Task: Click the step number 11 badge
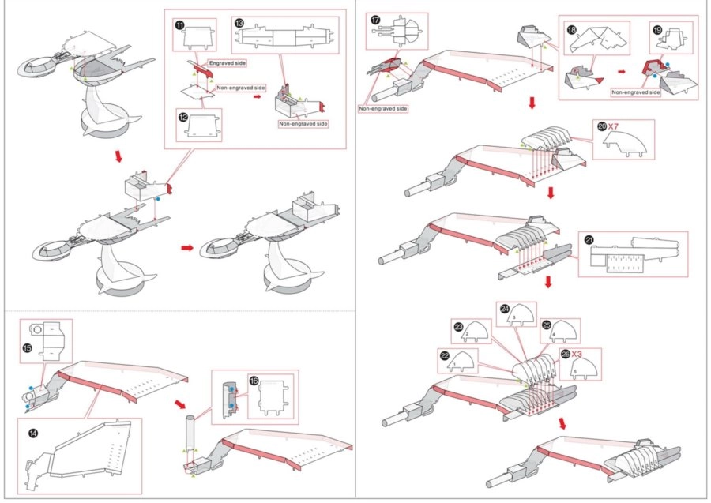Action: click(180, 26)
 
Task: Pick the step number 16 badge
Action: click(254, 381)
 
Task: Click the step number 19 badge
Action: click(657, 28)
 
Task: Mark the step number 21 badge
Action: click(589, 240)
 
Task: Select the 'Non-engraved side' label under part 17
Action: click(382, 109)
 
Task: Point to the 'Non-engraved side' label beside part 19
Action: click(635, 92)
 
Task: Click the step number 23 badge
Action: click(459, 326)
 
